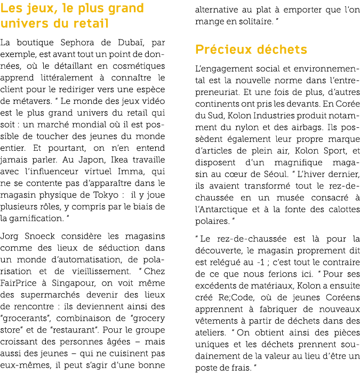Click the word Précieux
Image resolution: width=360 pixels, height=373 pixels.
pos(223,50)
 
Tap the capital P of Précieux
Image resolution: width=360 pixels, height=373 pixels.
pos(199,50)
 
